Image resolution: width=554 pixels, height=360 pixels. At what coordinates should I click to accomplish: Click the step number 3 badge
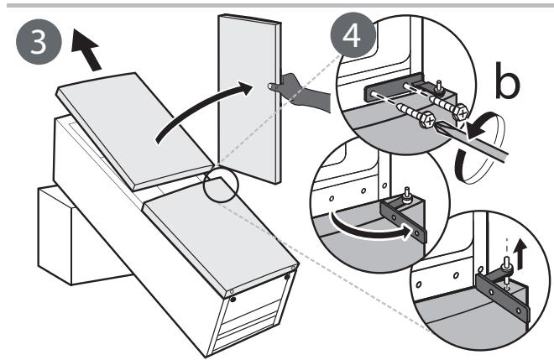(x=39, y=42)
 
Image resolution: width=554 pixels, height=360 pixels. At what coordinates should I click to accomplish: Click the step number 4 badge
(x=353, y=35)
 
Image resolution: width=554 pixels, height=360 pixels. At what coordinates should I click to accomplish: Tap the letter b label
(x=507, y=81)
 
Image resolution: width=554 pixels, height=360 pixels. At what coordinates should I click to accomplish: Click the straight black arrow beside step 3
(x=86, y=50)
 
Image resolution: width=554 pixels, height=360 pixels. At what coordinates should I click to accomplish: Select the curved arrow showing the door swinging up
(x=198, y=106)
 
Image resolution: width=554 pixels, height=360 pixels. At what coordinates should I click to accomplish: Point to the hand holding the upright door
(x=301, y=92)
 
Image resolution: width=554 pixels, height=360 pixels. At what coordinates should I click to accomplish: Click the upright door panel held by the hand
(x=249, y=98)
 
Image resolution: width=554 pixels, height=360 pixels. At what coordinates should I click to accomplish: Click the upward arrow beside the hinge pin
(x=520, y=254)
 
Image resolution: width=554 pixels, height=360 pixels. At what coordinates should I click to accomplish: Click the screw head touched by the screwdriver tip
(x=427, y=121)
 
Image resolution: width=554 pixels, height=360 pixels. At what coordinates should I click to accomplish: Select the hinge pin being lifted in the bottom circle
(x=506, y=269)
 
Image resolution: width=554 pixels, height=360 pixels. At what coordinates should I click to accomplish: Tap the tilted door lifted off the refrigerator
(x=134, y=131)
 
